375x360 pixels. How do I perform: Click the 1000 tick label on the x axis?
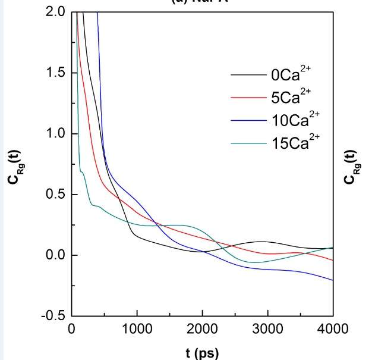tap(137, 329)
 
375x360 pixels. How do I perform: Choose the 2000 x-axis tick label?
tap(202, 329)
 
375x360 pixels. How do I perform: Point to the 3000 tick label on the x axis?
tap(267, 329)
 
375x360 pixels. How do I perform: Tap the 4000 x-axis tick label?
tap(332, 329)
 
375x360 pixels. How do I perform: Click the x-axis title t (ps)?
tap(201, 352)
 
